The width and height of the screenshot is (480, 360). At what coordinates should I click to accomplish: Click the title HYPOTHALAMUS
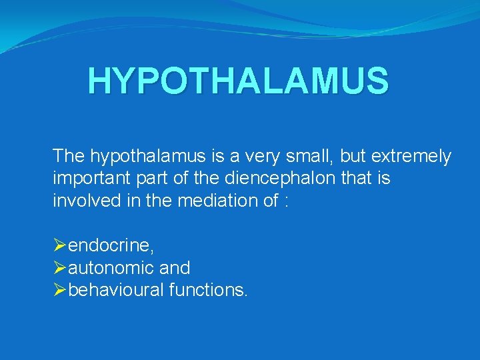237,81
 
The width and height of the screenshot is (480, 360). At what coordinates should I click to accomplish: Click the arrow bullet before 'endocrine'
59,246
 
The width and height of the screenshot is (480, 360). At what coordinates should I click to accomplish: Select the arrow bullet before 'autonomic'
59,268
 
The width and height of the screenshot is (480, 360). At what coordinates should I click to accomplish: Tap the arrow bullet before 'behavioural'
59,290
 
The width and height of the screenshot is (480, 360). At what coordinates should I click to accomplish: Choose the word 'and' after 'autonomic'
175,268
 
